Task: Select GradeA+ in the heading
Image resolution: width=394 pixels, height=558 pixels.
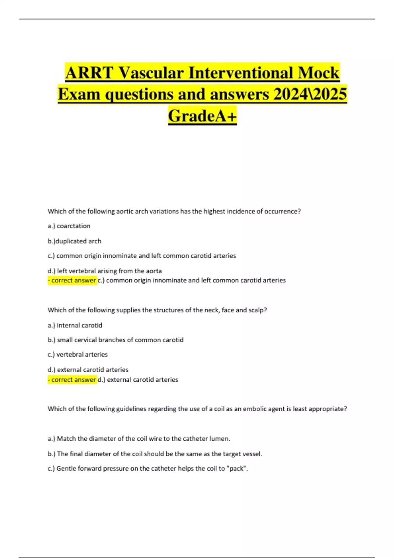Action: coord(202,116)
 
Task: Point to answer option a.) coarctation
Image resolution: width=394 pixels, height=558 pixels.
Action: coord(69,226)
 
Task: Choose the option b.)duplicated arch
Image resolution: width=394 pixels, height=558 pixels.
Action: coord(75,241)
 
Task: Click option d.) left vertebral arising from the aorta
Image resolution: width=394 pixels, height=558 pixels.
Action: coord(105,271)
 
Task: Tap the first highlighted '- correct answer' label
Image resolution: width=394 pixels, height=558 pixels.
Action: coord(72,280)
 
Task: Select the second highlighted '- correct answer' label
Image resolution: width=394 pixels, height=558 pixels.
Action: coord(72,379)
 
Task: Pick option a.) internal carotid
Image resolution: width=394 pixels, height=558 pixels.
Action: coord(75,325)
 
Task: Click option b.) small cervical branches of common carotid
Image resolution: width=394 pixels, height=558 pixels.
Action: coord(116,340)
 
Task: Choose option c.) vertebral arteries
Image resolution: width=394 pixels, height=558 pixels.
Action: coord(77,354)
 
